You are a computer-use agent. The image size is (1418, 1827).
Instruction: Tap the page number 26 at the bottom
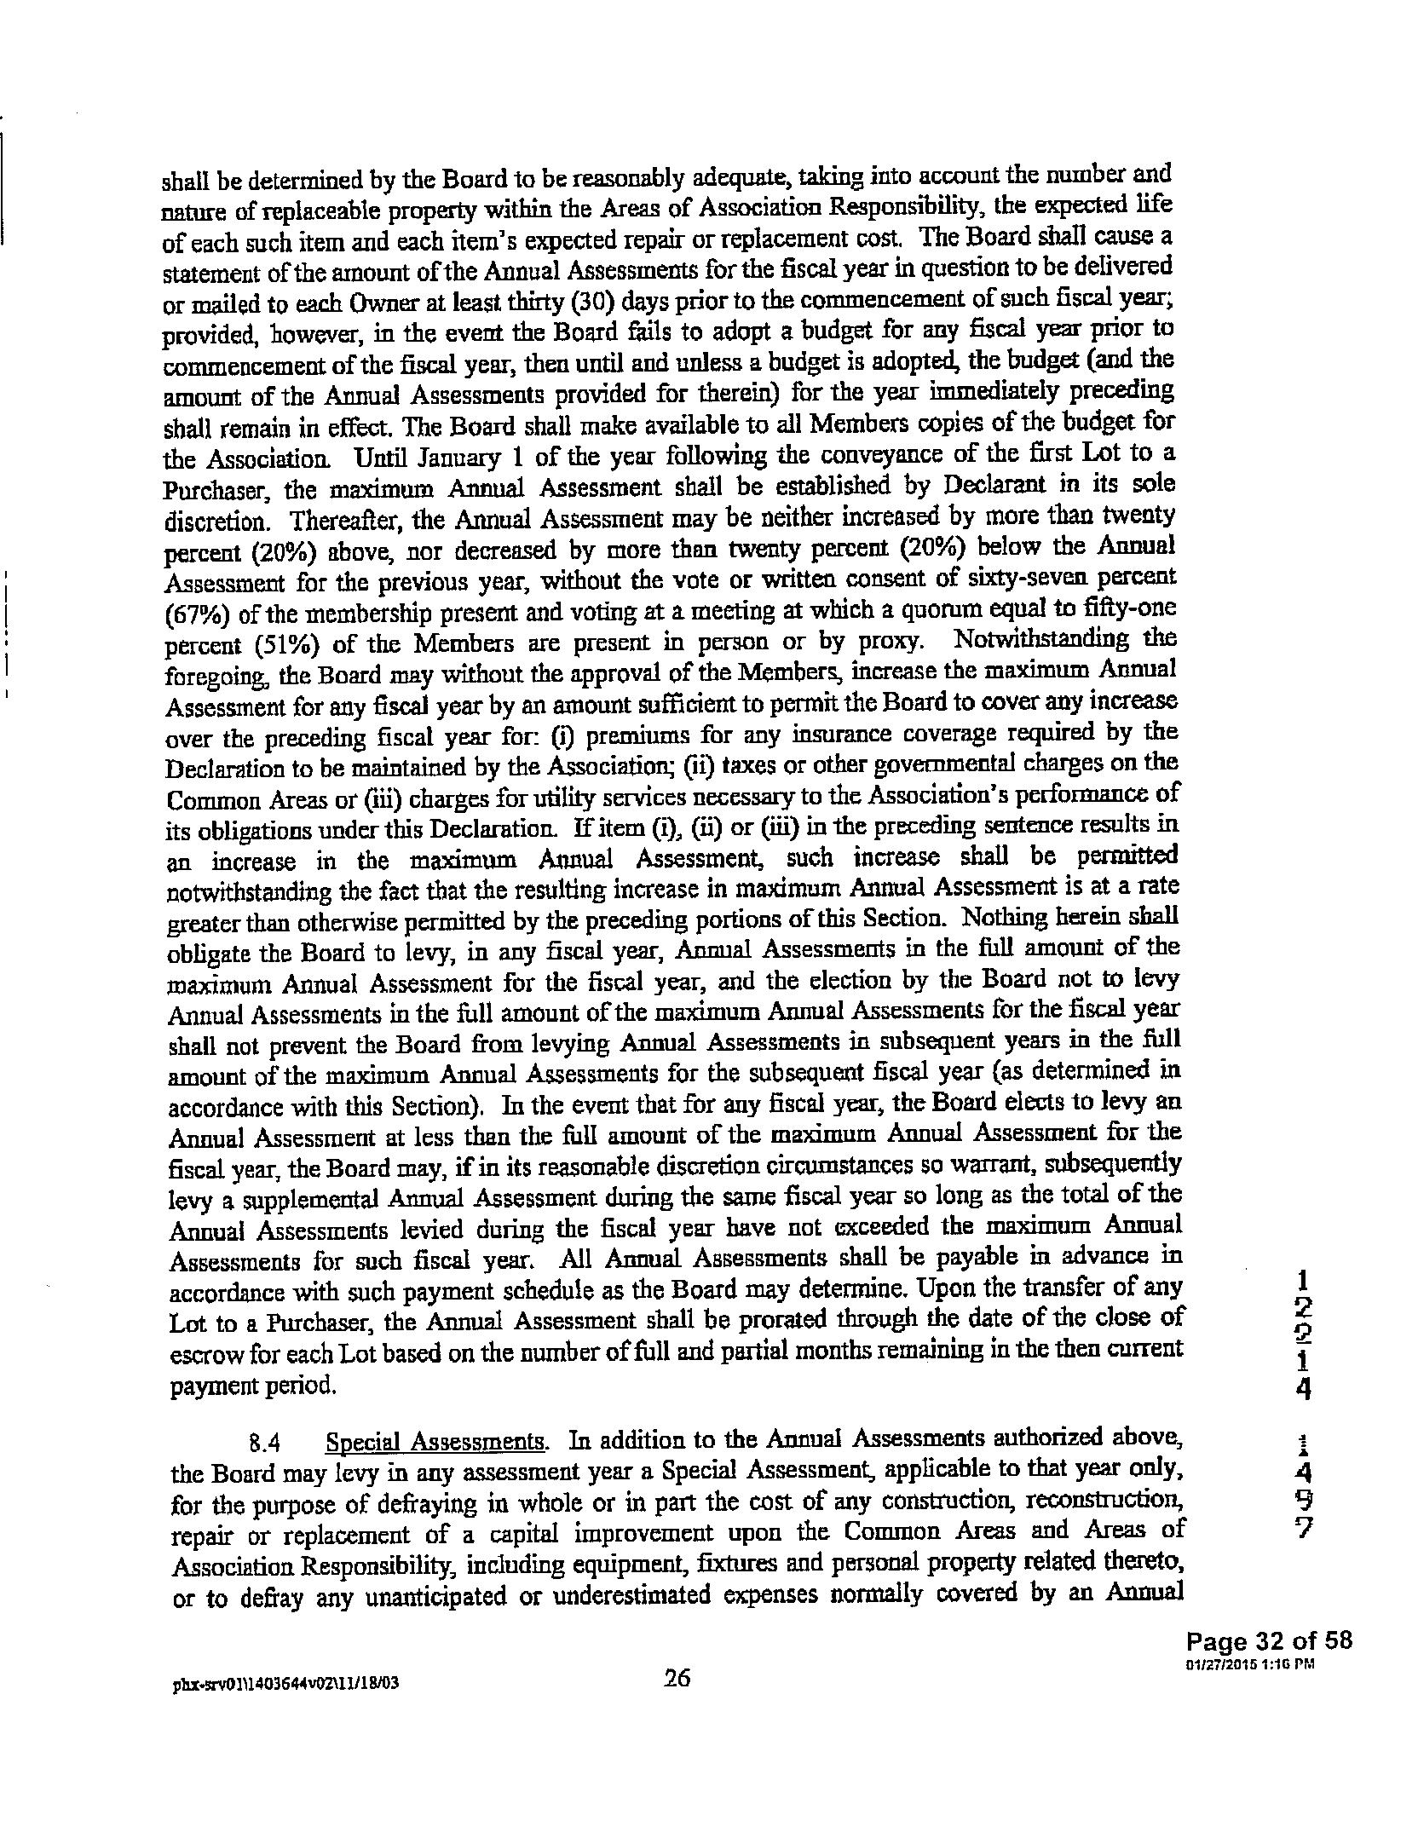click(676, 1702)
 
